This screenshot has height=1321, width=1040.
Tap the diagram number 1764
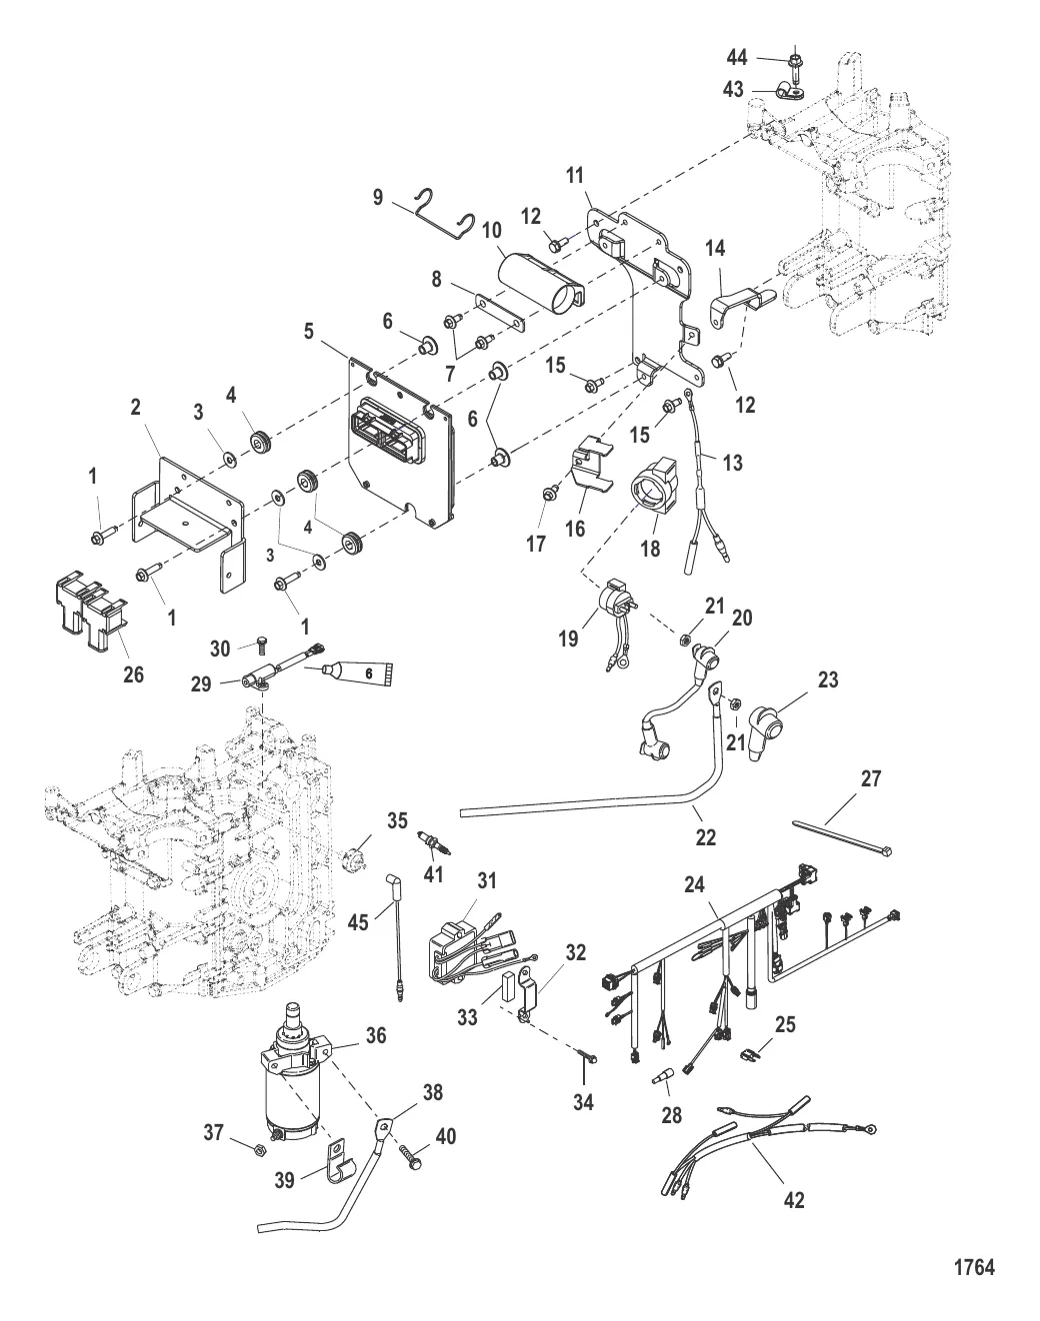click(974, 1268)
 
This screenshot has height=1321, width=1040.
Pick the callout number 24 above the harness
click(694, 884)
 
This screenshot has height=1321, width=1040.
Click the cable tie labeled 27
click(842, 836)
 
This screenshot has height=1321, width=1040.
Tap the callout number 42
click(795, 1199)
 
